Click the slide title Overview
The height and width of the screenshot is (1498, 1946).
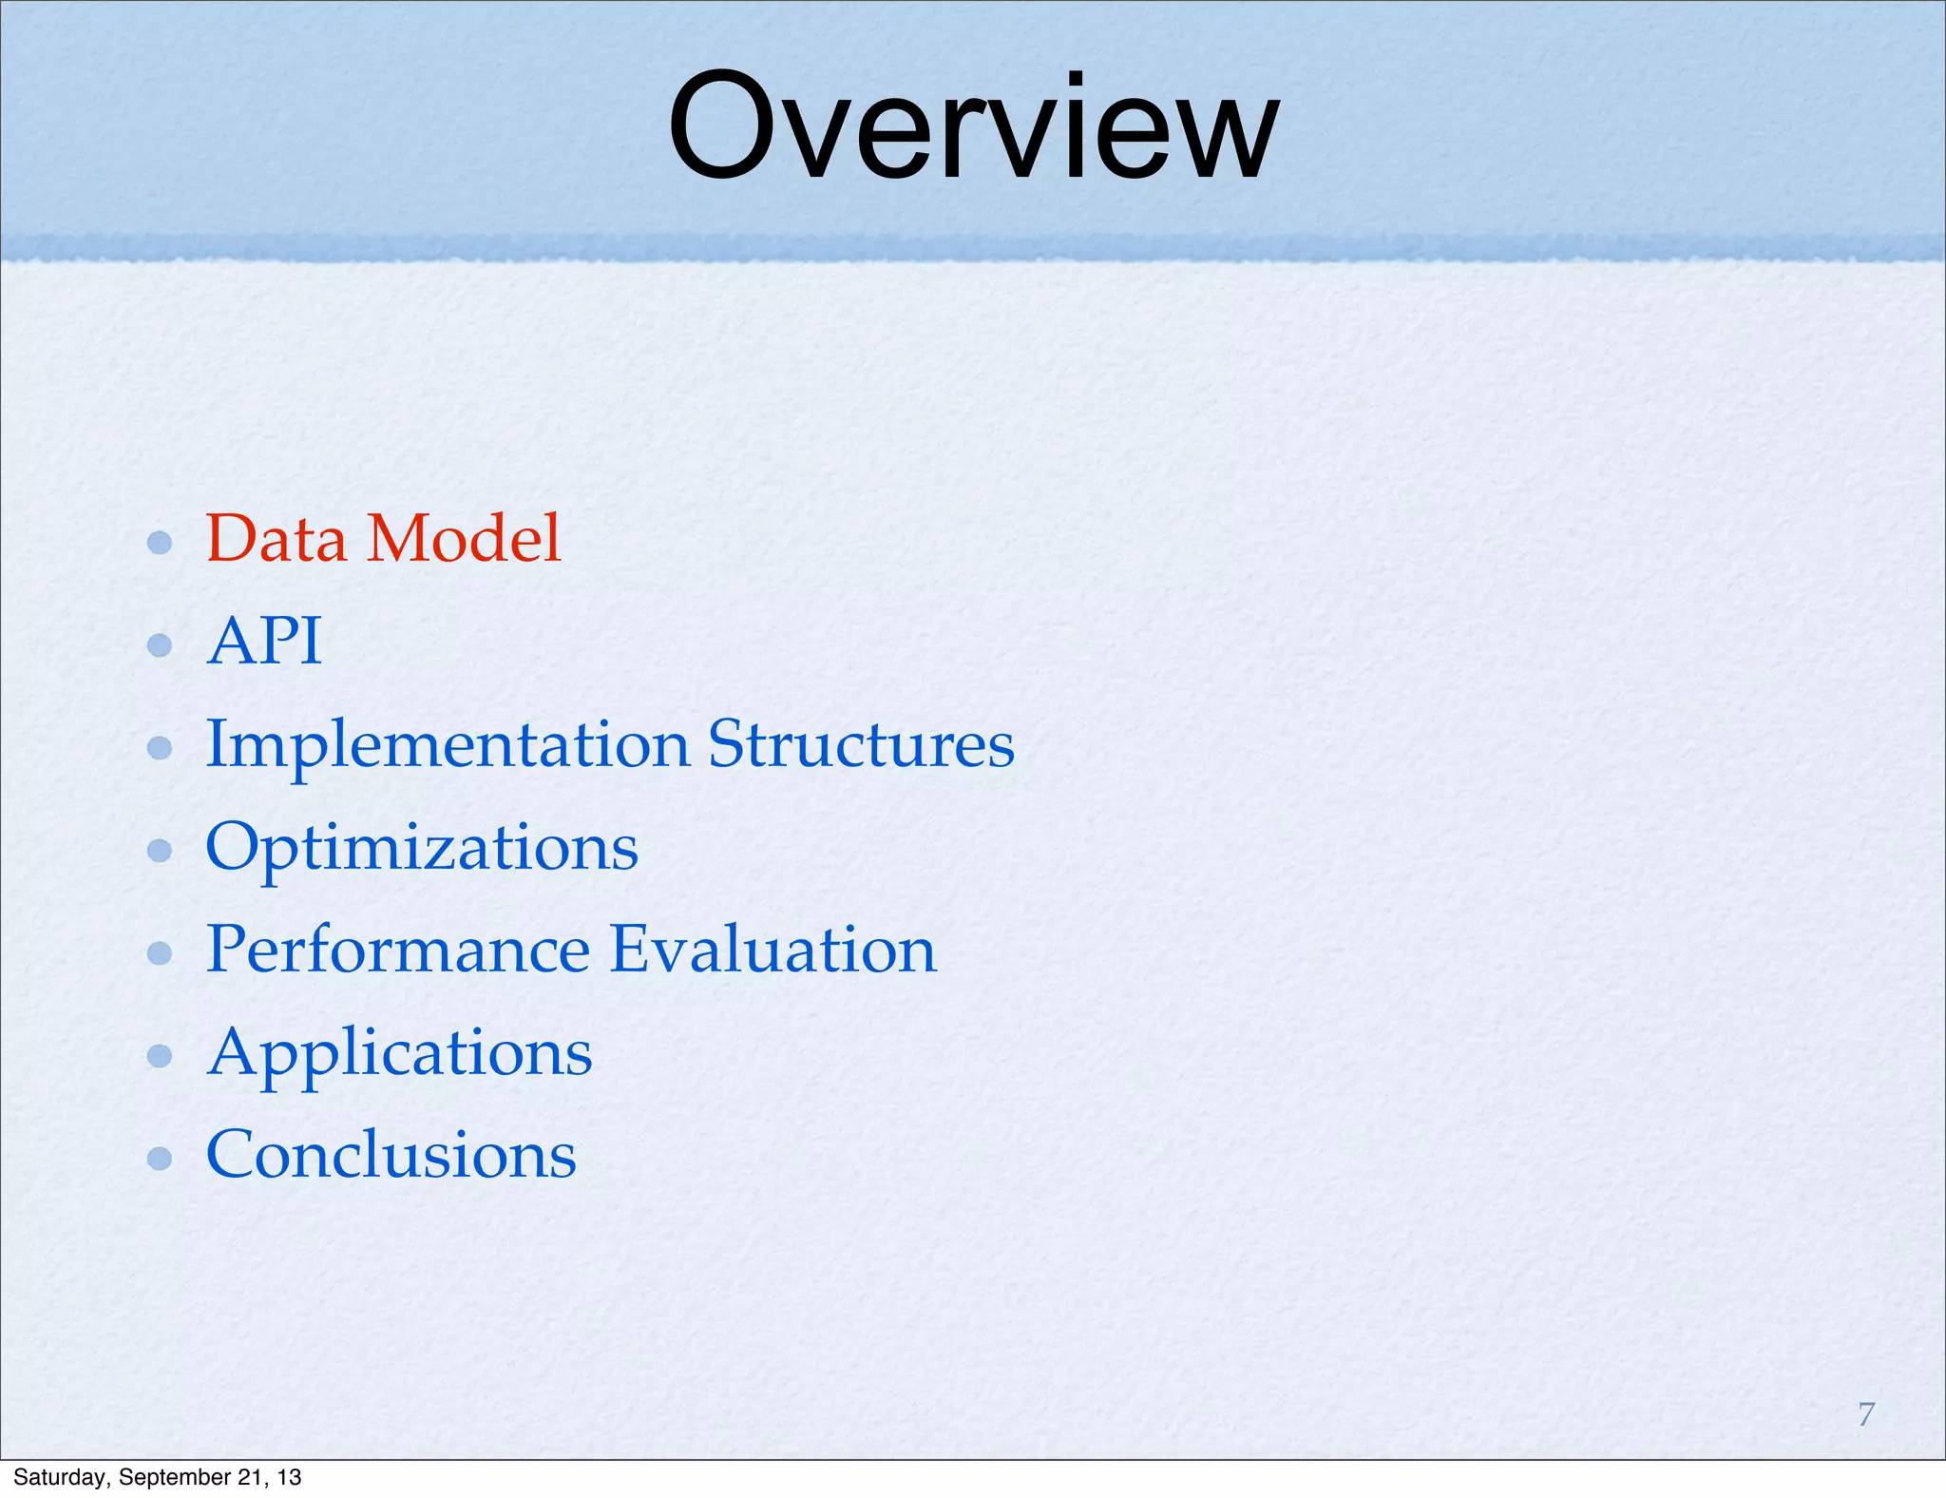tap(973, 128)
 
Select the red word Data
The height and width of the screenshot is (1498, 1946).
tap(276, 539)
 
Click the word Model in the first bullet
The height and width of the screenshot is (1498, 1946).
tap(465, 539)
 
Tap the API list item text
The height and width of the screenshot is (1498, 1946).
tap(264, 642)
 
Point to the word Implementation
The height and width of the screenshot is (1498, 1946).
tap(448, 746)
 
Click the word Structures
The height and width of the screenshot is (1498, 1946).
tap(861, 744)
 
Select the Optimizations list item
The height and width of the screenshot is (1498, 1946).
tap(422, 848)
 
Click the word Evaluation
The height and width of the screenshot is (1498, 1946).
tap(773, 951)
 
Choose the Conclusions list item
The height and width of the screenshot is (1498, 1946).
tap(391, 1156)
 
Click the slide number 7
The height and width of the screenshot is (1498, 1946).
tap(1866, 1414)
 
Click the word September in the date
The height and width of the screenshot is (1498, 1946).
tap(173, 1477)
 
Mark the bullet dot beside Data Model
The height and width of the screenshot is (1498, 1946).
tap(160, 543)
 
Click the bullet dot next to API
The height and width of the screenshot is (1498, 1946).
tap(160, 645)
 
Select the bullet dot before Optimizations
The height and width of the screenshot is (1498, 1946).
tap(160, 850)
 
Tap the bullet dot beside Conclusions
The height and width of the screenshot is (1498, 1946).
tap(160, 1158)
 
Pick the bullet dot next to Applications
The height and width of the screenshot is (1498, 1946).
tap(160, 1055)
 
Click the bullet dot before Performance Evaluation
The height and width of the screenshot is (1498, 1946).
tap(160, 952)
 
